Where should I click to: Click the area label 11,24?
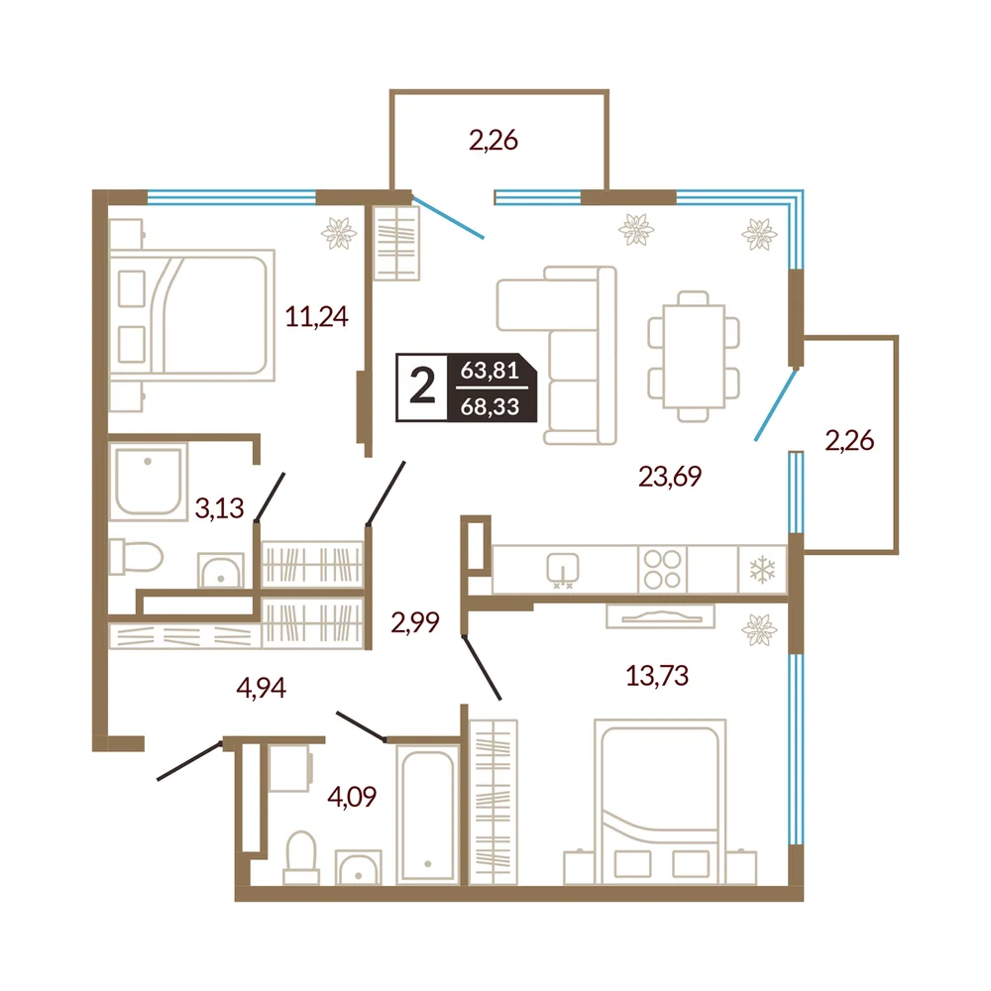coord(316,317)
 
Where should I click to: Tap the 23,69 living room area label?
coord(670,477)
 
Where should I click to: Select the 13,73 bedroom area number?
coord(657,676)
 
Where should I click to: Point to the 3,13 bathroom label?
coord(219,507)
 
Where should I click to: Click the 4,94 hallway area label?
coord(261,687)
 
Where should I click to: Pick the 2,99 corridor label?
coord(414,622)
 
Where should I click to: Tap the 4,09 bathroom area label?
coord(352,797)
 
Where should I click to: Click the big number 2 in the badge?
coord(422,386)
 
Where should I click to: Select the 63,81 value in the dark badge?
coord(490,370)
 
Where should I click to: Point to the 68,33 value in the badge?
coord(490,406)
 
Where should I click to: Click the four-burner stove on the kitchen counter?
coord(662,570)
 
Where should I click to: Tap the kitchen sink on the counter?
coord(563,569)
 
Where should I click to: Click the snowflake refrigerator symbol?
coord(762,570)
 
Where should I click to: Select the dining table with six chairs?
coord(694,357)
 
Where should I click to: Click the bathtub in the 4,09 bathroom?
coord(428,815)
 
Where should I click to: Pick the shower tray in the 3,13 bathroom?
coord(149,482)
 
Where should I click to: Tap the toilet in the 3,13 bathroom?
coord(136,557)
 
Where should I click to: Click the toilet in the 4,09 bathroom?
coord(301,857)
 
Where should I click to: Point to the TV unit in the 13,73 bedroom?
coord(660,616)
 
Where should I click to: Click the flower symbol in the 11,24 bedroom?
coord(339,233)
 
